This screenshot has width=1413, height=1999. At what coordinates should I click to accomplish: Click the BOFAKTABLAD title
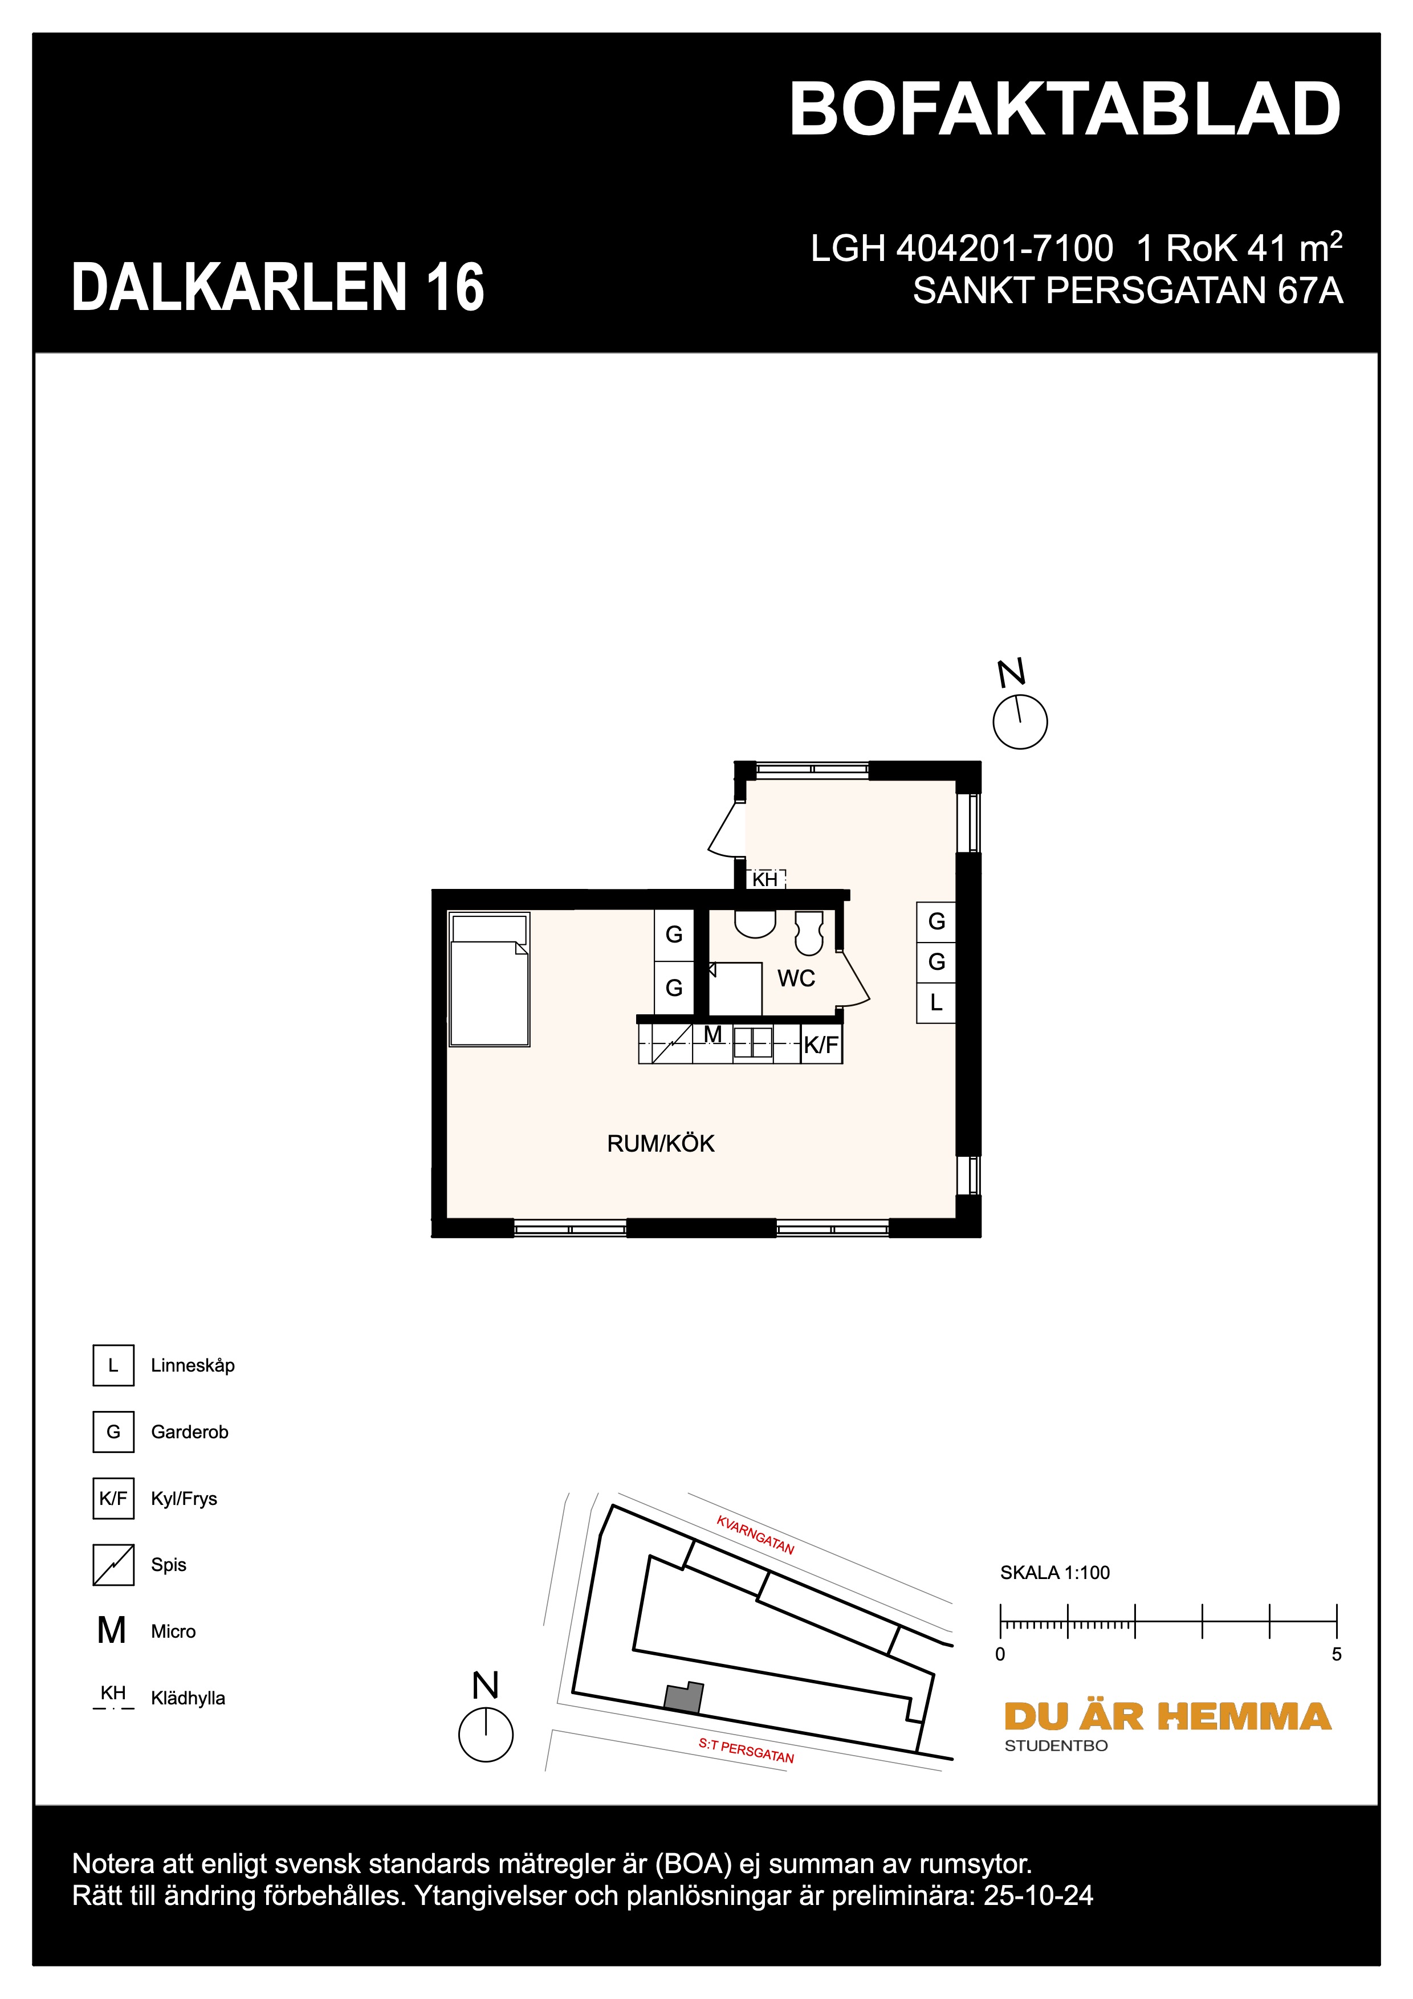tap(1064, 111)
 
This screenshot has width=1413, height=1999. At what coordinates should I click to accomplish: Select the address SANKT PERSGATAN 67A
tap(1127, 291)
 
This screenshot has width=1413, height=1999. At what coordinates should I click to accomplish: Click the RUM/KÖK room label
tap(660, 1143)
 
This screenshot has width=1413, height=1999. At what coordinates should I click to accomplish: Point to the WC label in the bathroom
tap(796, 978)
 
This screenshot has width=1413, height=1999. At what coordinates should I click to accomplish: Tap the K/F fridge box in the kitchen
tap(821, 1045)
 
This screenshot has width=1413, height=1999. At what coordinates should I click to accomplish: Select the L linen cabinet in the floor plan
tap(936, 1003)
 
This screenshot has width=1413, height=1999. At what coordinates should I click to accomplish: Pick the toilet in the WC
tap(809, 932)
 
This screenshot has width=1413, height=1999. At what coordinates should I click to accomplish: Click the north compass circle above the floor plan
tap(1020, 722)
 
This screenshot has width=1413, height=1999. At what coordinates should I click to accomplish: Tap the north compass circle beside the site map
tap(485, 1735)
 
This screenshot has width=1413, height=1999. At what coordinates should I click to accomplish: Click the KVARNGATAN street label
tap(755, 1535)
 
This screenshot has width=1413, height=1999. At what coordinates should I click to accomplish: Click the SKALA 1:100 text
tap(1054, 1572)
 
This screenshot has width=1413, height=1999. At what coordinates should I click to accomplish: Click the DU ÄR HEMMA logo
tap(1167, 1717)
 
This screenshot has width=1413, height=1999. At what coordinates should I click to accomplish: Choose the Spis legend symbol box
tap(113, 1565)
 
